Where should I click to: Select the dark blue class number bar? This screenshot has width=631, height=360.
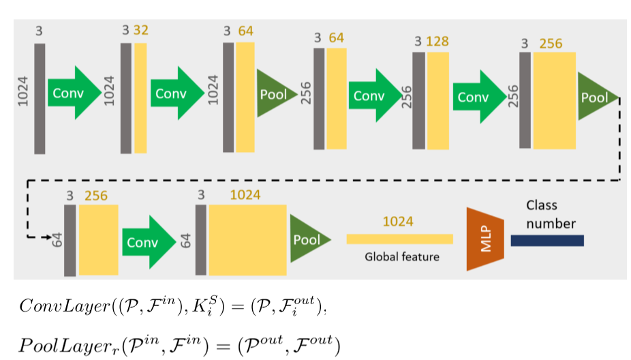[547, 240]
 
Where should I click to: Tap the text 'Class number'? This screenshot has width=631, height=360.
[551, 214]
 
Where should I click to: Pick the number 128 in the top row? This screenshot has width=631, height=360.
[437, 42]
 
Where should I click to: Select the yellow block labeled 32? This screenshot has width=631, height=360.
[140, 98]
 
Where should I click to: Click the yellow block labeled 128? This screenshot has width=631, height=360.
[437, 100]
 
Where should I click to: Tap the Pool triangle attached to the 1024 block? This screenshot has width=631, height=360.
[309, 240]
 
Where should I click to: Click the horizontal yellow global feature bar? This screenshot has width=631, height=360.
[399, 239]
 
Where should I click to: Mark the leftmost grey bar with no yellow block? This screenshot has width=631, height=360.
[40, 98]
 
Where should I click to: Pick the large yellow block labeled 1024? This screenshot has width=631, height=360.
[247, 240]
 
